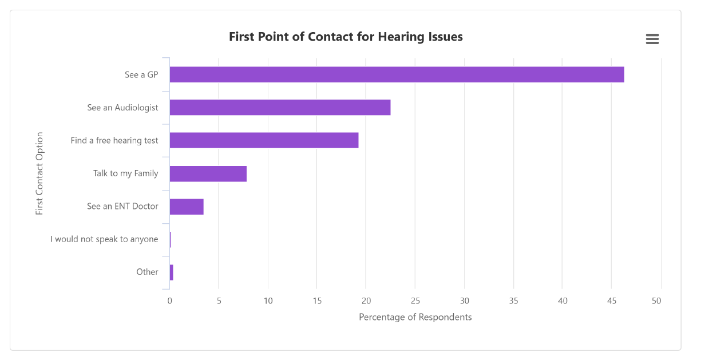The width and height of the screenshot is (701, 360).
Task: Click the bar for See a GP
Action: click(397, 74)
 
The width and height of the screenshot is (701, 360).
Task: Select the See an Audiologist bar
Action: click(280, 108)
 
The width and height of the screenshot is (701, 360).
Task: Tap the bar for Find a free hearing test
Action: click(264, 140)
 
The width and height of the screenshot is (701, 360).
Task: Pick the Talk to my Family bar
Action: click(208, 173)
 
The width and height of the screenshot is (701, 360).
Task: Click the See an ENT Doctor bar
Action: click(187, 207)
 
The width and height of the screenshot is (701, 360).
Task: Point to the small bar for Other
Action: click(171, 272)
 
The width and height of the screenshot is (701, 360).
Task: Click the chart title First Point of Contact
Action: click(346, 37)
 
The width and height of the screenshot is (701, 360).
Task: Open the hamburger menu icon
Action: click(652, 39)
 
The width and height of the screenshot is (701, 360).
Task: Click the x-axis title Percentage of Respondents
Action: click(415, 317)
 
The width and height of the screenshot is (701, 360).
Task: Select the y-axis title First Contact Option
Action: click(39, 173)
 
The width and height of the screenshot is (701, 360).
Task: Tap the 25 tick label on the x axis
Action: click(415, 301)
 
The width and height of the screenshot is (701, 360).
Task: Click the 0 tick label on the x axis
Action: click(169, 301)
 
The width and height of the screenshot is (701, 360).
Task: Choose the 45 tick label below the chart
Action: click(612, 301)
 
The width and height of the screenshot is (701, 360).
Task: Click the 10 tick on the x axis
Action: click(268, 301)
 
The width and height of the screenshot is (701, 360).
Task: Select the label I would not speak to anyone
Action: click(104, 239)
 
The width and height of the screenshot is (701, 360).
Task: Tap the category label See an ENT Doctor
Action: click(122, 207)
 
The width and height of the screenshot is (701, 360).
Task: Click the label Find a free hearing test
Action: click(114, 141)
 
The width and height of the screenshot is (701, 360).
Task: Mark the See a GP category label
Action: click(141, 75)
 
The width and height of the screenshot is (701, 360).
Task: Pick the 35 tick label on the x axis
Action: click(513, 301)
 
